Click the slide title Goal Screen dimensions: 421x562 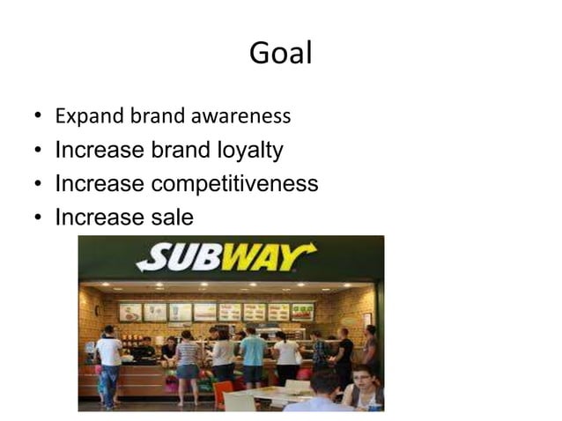[280, 54]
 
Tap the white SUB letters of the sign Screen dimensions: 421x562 [181, 258]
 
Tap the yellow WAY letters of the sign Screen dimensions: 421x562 [264, 257]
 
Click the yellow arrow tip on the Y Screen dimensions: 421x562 [310, 250]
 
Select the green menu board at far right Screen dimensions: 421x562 [302, 312]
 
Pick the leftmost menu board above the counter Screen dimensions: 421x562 [130, 312]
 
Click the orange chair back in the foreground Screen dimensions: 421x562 [223, 394]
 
